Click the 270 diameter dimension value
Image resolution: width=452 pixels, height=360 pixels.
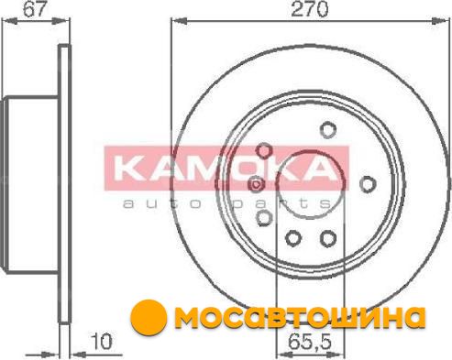coord(310,9)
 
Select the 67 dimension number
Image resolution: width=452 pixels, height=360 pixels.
coord(34,8)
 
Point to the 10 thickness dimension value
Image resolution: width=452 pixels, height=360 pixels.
coord(102,342)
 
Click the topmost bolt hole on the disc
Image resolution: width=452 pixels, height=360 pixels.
coord(328,129)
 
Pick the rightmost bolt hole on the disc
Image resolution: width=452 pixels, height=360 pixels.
coord(368,184)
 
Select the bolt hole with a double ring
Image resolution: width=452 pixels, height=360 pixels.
coord(257,184)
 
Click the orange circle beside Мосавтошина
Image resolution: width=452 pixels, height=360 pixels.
coord(149,318)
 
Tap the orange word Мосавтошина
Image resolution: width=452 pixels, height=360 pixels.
coord(301,318)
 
